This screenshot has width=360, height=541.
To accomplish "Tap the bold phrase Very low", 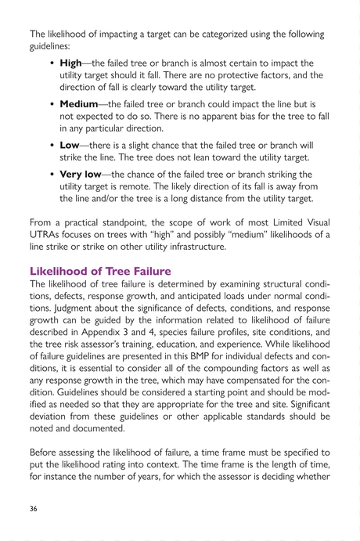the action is click(x=86, y=174).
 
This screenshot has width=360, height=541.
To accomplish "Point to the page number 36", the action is click(x=34, y=508).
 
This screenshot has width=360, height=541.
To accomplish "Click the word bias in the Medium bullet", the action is click(x=230, y=116).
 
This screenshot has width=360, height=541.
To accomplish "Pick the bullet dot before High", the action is click(x=52, y=63).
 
